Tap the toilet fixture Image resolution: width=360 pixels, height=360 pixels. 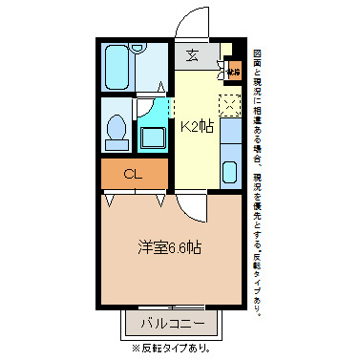click(x=117, y=128)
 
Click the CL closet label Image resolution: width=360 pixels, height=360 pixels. click(x=134, y=174)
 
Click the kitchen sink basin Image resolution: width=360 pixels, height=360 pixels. click(x=230, y=173)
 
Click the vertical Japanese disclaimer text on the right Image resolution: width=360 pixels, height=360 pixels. click(x=257, y=181)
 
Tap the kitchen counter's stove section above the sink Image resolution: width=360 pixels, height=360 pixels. click(x=230, y=134)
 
